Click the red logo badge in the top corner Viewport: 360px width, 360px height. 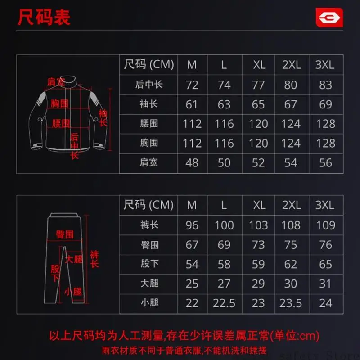(329, 18)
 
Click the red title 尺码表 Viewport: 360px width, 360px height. (44, 17)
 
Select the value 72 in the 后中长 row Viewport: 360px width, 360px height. (192, 85)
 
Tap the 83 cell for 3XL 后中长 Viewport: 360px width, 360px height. (325, 85)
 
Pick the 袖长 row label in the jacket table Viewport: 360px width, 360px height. (149, 104)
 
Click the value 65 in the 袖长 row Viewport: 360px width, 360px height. (258, 104)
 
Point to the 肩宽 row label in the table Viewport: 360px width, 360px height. (149, 162)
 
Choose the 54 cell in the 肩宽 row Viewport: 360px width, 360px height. (291, 163)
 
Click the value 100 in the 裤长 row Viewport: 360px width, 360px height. (224, 225)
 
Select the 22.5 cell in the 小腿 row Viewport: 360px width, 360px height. (224, 303)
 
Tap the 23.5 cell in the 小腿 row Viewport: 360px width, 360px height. (291, 303)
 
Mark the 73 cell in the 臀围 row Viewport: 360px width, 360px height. (258, 245)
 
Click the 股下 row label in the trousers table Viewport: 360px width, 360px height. (150, 264)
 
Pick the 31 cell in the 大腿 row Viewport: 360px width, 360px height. (325, 284)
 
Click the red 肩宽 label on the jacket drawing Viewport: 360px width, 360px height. (56, 82)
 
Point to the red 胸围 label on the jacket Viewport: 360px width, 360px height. (59, 103)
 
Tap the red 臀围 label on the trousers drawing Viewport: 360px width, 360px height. (65, 234)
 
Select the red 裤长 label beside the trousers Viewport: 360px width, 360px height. (94, 259)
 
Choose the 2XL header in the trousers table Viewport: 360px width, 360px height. (292, 205)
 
